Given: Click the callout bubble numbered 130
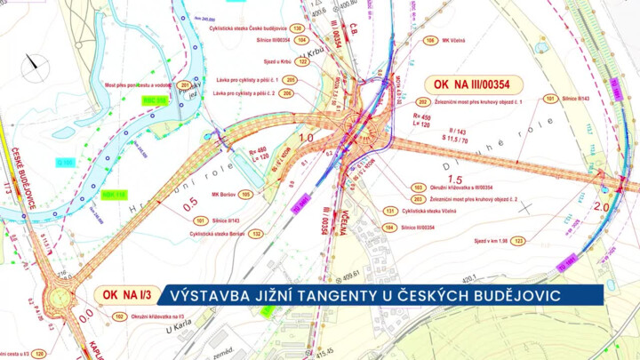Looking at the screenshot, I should (296, 28).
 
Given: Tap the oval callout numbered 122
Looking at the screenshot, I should (302, 62).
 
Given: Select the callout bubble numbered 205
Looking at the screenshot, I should (291, 80).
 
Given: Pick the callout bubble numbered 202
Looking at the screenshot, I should (421, 102).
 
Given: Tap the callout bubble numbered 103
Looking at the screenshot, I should (418, 188).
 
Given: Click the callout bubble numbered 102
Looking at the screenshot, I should (118, 316).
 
